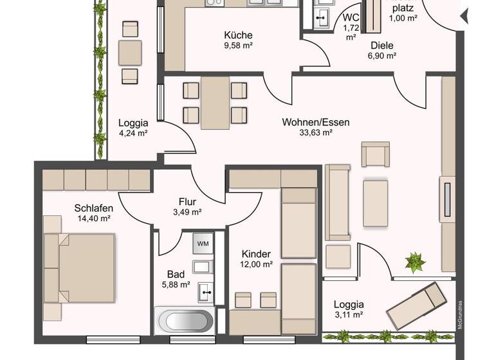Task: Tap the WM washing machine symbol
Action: pos(203,244)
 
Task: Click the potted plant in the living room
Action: pos(415,262)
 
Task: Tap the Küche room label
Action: pos(238,35)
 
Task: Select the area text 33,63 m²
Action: pos(315,133)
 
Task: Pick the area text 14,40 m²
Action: pos(93,219)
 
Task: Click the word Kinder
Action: pos(256,254)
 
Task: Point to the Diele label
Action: pos(382,45)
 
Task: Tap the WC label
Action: pos(351,17)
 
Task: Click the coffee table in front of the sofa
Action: pos(376,203)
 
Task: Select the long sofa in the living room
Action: pos(338,200)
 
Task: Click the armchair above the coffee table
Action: pos(375,154)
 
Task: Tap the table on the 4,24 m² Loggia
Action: pos(131,51)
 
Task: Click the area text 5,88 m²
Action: pos(175,284)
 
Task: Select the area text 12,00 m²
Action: pos(256,264)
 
